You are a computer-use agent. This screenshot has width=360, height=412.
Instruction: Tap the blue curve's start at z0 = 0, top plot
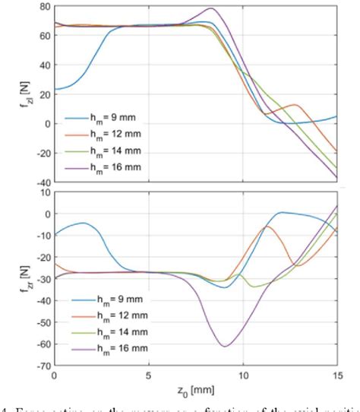pyautogui.click(x=54, y=89)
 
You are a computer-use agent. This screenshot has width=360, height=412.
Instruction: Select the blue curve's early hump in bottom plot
pyautogui.click(x=83, y=223)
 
